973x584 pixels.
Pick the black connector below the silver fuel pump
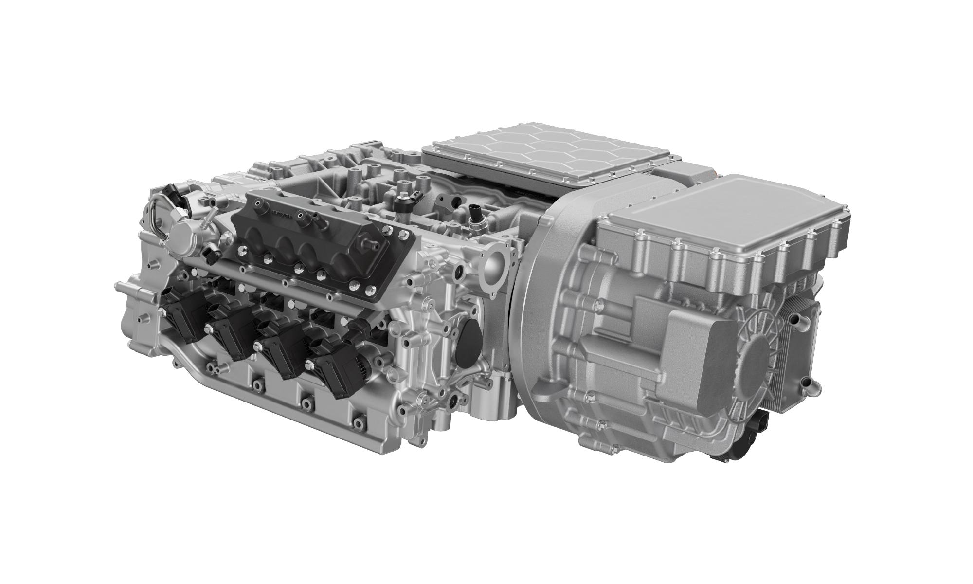[x=210, y=253]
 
